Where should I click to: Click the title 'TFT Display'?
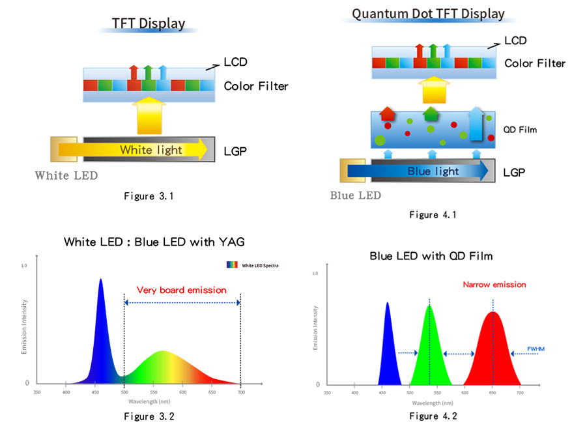point(149,23)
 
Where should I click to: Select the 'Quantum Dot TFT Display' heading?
point(428,14)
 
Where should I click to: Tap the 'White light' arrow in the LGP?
point(150,150)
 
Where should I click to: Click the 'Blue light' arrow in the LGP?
point(433,171)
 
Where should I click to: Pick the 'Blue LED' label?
point(355,195)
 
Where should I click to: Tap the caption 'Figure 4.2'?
point(433,416)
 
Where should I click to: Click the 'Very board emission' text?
point(182,290)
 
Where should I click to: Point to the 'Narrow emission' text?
point(494,285)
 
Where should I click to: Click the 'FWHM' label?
point(536,349)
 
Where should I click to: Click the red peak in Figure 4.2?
point(493,352)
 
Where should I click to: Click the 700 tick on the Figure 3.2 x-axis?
point(240,392)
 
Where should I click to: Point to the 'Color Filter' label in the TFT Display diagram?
point(255,86)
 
